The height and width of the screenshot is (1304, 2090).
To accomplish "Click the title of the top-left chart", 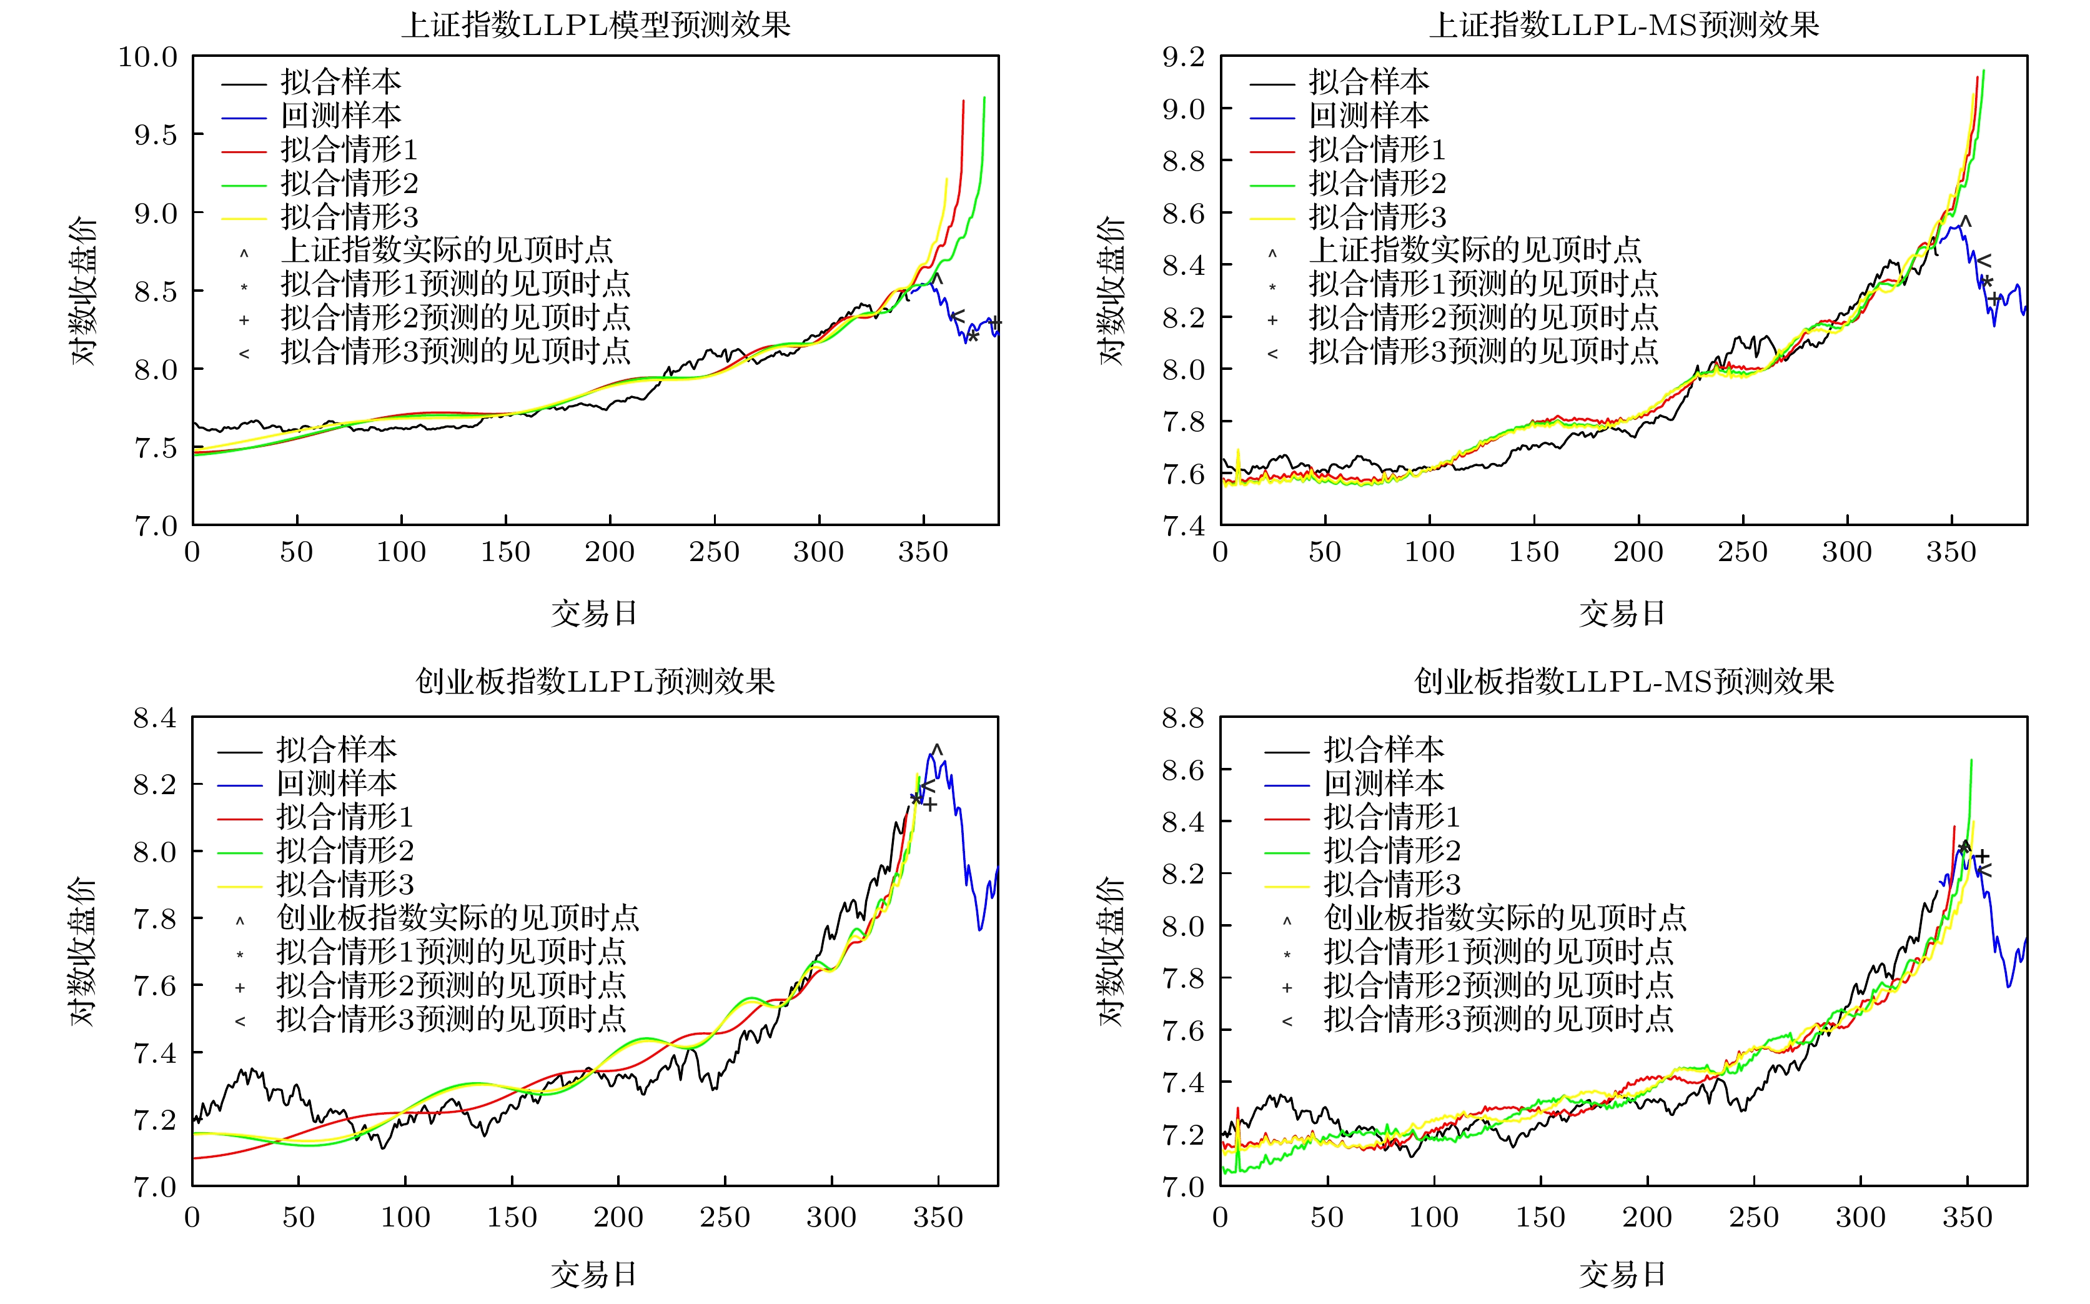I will coord(595,24).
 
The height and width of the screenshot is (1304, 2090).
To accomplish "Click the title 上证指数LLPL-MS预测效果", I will coord(1623,24).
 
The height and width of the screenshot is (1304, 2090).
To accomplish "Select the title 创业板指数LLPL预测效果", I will coord(595,681).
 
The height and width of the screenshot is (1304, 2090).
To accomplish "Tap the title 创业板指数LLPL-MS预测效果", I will coord(1623,681).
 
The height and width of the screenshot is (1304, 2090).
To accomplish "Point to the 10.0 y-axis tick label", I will coord(147,57).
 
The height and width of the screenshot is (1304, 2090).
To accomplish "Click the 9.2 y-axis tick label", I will coord(1183,57).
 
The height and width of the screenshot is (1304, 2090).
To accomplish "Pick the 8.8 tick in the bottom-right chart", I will coord(1183,717).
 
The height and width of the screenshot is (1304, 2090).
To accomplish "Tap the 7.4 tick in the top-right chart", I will coord(1183,525).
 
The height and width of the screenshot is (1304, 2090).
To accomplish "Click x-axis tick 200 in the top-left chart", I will coord(610,552).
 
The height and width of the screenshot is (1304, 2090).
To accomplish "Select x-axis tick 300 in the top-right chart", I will coord(1847,552).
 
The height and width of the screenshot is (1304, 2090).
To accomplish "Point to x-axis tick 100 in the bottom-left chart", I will coord(405,1217).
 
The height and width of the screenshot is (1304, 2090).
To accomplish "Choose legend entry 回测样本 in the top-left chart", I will coord(340,115).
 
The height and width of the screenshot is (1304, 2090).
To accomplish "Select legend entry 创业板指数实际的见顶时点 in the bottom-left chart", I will coord(457,918).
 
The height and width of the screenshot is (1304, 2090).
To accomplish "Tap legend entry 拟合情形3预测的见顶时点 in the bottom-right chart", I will coord(1498,1020).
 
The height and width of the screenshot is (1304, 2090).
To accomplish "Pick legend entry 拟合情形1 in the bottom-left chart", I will coord(344,816).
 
